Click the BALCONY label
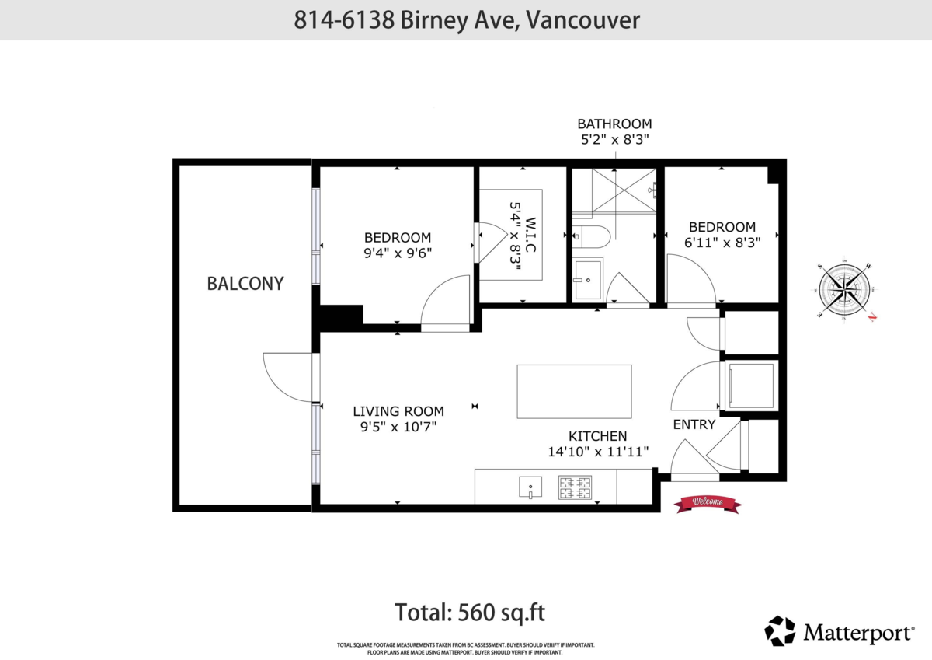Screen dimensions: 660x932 point(245,284)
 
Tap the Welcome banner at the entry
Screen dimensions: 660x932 point(707,503)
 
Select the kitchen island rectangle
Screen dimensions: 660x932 point(574,391)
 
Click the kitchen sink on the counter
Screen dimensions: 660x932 point(530,487)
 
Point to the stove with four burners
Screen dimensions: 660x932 point(575,487)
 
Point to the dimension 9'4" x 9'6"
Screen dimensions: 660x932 point(398,253)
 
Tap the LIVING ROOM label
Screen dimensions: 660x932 point(398,411)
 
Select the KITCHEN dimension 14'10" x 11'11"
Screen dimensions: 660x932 point(598,451)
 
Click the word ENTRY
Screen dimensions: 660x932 point(694,424)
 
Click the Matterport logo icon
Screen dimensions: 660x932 point(780,630)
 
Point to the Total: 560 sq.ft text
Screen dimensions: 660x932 point(470,612)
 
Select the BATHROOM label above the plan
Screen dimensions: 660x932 point(614,124)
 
